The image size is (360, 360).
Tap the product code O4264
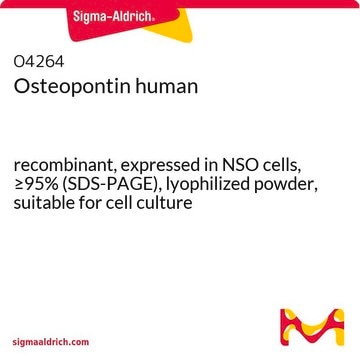39,62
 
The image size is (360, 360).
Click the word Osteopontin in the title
68,87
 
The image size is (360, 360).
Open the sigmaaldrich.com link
51,342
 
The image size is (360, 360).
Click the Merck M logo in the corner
312,327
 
